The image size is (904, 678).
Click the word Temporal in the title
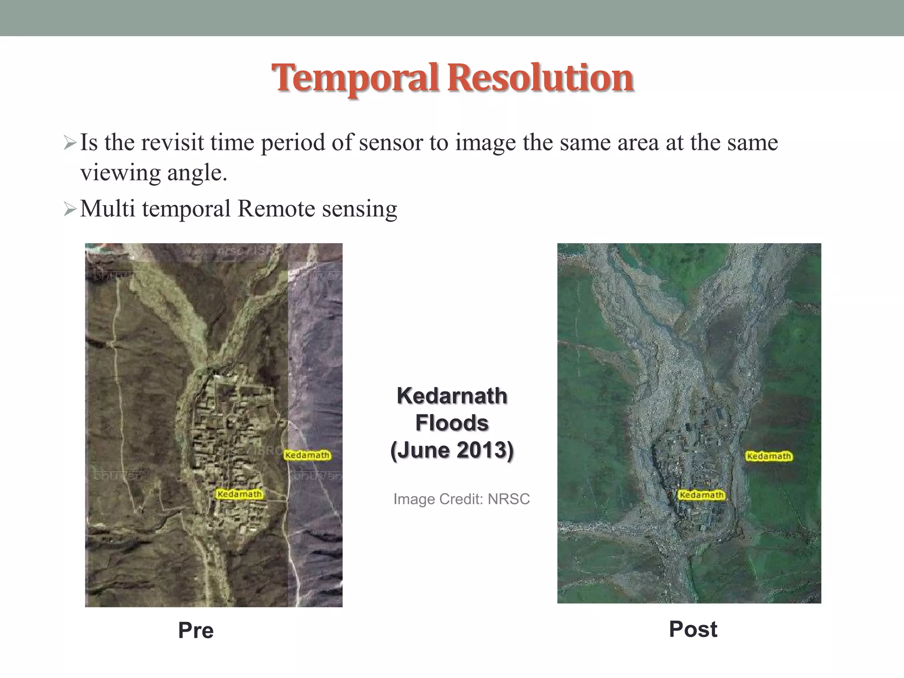[x=354, y=79]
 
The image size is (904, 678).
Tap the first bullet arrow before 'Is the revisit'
[x=70, y=143]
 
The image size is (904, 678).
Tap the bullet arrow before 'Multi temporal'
[x=70, y=209]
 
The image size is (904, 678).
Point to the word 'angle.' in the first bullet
[x=197, y=173]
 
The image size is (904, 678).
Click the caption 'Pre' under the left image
[x=196, y=630]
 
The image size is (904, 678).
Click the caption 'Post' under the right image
[x=693, y=629]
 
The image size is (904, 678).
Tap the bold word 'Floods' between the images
[x=452, y=423]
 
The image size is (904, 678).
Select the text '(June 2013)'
[x=452, y=450]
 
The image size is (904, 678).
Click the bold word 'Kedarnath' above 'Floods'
[x=452, y=395]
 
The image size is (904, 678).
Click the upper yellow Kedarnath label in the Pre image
[x=307, y=455]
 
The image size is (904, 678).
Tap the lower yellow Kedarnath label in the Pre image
[x=239, y=494]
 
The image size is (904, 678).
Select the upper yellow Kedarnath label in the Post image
[x=769, y=456]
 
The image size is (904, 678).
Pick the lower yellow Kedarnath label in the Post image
[x=701, y=495]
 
